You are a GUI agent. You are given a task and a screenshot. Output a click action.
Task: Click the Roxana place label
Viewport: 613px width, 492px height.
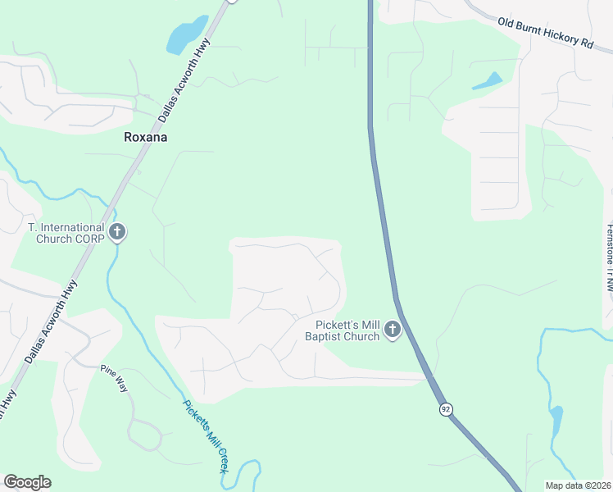click(145, 138)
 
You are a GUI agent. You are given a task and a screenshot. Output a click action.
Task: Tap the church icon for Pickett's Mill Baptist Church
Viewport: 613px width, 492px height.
click(392, 330)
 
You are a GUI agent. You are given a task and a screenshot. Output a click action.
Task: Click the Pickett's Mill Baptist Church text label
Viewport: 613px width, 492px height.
click(342, 330)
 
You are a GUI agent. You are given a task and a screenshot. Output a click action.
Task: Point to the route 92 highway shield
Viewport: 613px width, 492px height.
click(445, 408)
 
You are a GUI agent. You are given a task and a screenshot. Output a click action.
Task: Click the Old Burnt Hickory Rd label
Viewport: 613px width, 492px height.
click(545, 34)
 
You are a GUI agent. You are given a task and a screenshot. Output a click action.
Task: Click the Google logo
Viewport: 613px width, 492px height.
click(27, 482)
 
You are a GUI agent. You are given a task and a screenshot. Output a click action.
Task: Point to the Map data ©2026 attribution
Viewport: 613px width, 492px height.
click(578, 485)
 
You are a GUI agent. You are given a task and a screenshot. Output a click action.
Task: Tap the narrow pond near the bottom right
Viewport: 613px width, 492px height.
click(556, 422)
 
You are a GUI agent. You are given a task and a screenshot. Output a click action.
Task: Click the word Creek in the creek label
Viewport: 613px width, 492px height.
click(216, 457)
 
